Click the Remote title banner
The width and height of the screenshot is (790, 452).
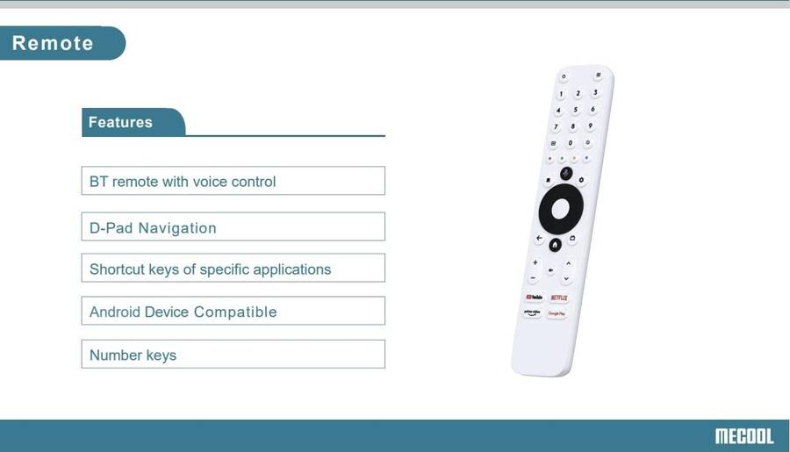point(54,43)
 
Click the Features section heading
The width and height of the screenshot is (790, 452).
point(121,122)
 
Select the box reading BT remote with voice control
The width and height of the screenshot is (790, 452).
point(233,181)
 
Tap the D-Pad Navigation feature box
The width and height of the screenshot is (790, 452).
point(233,226)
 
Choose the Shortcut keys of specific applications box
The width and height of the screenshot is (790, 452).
point(233,269)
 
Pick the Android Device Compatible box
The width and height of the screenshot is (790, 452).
point(233,311)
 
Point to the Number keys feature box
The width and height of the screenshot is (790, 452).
point(233,355)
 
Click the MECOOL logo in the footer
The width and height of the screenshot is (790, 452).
point(743,435)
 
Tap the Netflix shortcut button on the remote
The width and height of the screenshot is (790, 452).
point(558,298)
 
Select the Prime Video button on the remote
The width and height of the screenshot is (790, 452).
point(532,312)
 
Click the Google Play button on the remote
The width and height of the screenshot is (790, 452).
point(557,313)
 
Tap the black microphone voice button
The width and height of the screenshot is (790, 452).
point(565,174)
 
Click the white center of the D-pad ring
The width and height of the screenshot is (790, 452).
point(561,209)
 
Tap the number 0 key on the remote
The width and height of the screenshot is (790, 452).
point(571,142)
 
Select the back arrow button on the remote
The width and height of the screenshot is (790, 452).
point(539,238)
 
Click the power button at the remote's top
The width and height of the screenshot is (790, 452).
point(564,77)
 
